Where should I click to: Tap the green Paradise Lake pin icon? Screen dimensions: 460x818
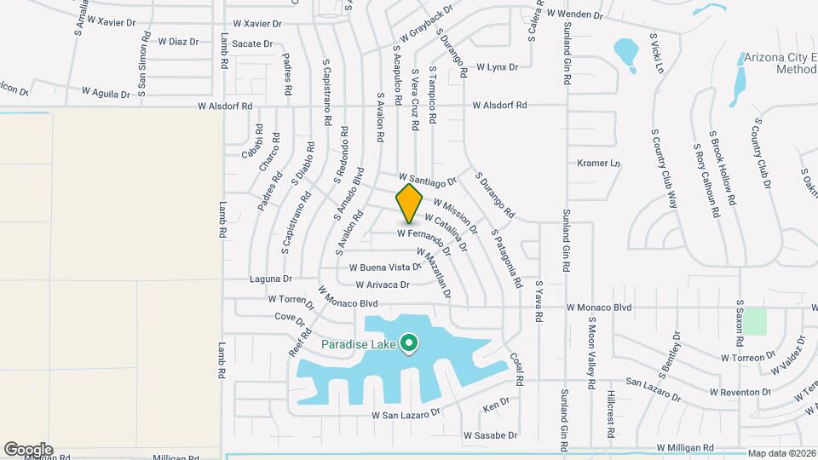[x=409, y=344]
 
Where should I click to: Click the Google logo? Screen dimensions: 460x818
[x=28, y=449]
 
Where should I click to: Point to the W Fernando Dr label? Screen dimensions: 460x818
[x=423, y=233]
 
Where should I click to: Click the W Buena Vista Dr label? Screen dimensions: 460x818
[x=384, y=267]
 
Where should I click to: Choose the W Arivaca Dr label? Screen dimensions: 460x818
[x=383, y=285]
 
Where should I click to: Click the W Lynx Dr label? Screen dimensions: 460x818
[x=497, y=66]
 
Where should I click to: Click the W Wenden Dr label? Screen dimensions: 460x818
[x=574, y=15]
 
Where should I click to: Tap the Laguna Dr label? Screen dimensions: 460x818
[x=271, y=279]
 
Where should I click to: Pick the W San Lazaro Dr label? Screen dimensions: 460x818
[x=405, y=415]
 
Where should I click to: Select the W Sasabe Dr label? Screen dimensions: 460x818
[x=490, y=435]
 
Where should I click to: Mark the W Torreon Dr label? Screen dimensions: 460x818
[x=747, y=358]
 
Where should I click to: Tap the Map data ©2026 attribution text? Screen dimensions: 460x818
[x=781, y=453]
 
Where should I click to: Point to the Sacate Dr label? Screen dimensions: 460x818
[x=252, y=43]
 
